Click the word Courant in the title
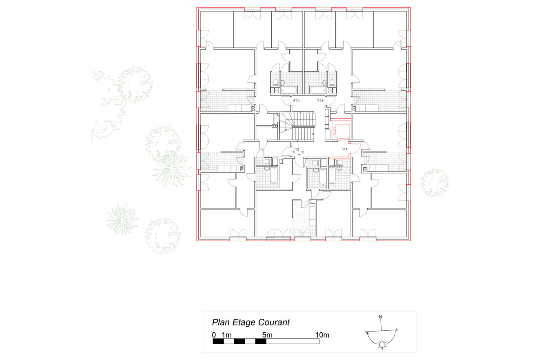274,322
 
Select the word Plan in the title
220,322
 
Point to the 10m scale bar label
322,335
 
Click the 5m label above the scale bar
267,335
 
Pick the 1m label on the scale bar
227,335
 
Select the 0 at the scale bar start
214,335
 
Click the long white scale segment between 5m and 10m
293,341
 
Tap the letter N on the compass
380,317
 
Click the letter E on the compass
397,330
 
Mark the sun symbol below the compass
382,345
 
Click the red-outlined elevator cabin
341,131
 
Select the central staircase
297,126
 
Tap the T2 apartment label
302,152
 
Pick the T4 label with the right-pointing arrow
319,101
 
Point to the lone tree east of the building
435,182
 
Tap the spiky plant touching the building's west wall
172,168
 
